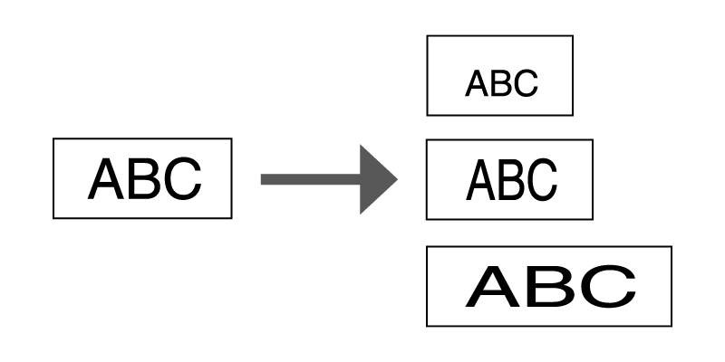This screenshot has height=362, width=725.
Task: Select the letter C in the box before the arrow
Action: tap(181, 179)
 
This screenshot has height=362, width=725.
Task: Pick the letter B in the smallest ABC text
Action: tap(500, 83)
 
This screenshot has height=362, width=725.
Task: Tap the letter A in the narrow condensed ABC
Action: tap(480, 179)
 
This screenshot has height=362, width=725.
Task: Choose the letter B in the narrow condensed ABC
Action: tap(510, 179)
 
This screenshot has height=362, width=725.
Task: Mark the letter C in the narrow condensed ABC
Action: tap(541, 179)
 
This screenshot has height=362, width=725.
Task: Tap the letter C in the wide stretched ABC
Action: tap(607, 286)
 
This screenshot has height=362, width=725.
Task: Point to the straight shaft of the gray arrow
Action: tap(308, 179)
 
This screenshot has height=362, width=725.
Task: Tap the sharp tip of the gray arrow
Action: tap(397, 179)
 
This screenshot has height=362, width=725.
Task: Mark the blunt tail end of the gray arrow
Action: tap(262, 179)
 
